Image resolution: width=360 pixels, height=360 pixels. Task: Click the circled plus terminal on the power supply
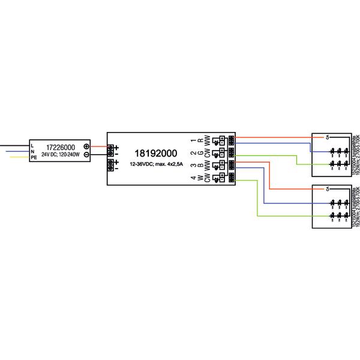click(x=86, y=146)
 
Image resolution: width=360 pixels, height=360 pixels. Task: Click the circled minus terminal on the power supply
click(x=86, y=155)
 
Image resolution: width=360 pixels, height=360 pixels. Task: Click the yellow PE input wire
click(x=15, y=157)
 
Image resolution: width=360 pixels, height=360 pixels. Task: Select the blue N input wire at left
click(x=15, y=151)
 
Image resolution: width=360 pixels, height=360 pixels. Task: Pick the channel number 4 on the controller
click(x=193, y=178)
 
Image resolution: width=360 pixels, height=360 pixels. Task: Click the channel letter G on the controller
click(x=200, y=154)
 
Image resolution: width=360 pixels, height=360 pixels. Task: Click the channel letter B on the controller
click(x=200, y=166)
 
